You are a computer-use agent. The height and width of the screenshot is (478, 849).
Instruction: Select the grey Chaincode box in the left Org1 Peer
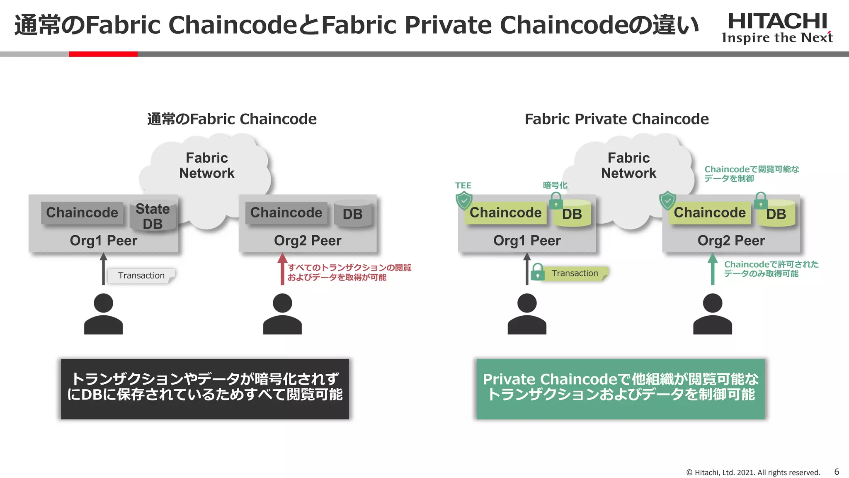click(x=82, y=213)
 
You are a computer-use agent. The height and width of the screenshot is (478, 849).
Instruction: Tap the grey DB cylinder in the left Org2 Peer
click(x=352, y=214)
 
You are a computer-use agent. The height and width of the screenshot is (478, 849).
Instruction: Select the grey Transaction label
click(x=141, y=276)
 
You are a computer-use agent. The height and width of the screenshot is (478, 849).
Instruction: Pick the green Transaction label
click(x=575, y=273)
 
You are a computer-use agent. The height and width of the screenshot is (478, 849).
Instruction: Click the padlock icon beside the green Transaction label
click(x=538, y=272)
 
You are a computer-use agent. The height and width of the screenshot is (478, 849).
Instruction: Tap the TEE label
click(x=463, y=185)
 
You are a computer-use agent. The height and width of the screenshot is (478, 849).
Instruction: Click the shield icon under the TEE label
click(x=464, y=200)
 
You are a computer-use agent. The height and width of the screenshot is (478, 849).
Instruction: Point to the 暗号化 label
click(x=555, y=185)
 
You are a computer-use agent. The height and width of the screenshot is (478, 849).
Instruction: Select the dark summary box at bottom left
click(x=205, y=389)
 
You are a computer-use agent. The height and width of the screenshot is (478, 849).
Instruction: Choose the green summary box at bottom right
click(x=621, y=389)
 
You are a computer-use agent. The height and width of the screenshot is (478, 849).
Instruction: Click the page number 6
click(x=837, y=472)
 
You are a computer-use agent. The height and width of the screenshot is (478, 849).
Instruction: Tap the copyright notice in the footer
click(x=753, y=473)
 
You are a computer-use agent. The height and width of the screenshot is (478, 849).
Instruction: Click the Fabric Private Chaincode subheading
click(x=616, y=119)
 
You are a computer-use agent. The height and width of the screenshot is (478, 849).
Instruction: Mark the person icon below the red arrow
click(x=282, y=314)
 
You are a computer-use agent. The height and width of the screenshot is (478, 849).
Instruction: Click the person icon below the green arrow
click(x=712, y=314)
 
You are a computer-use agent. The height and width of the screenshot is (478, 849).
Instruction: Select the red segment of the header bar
click(x=103, y=54)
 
